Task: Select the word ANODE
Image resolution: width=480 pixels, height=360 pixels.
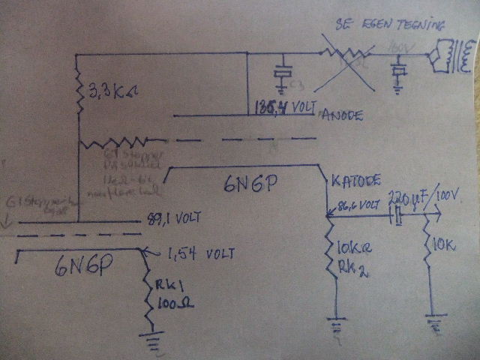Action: pos(342,115)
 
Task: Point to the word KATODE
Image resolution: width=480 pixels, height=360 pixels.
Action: pos(356,181)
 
